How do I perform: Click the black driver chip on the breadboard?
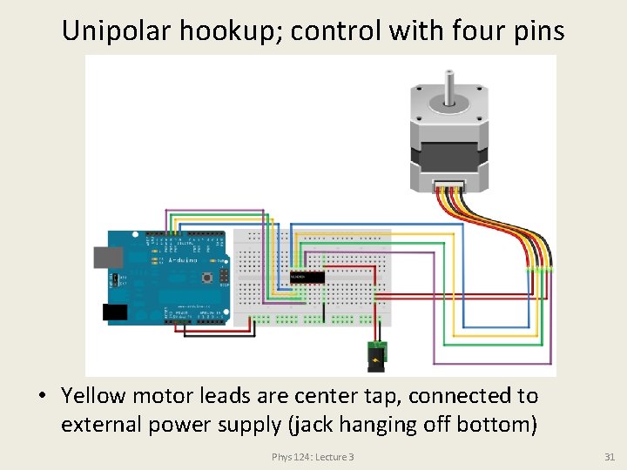click(x=307, y=277)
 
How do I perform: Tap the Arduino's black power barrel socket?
click(x=115, y=312)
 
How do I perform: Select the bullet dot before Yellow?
click(x=42, y=397)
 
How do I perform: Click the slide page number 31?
click(x=609, y=457)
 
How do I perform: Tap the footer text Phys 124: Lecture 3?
click(x=313, y=457)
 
